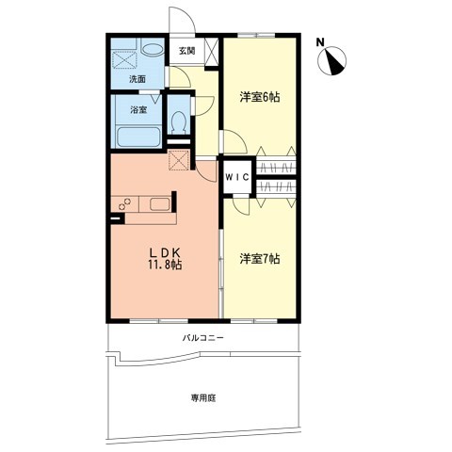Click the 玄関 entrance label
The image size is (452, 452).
(x=187, y=51)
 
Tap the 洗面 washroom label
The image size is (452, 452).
(x=137, y=79)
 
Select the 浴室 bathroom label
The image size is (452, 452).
(x=138, y=110)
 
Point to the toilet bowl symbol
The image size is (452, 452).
(x=179, y=122)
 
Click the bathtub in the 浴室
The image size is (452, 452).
(x=138, y=137)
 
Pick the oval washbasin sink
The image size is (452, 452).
(x=153, y=50)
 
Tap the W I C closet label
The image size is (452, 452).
(x=237, y=177)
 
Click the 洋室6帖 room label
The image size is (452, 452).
(x=260, y=97)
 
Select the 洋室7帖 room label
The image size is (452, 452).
(x=260, y=259)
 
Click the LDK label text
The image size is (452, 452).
(x=165, y=252)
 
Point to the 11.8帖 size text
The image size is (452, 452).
(x=165, y=265)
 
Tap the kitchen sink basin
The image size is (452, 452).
(x=160, y=204)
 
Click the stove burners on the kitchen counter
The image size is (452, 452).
(x=124, y=203)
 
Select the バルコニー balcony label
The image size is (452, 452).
(x=203, y=338)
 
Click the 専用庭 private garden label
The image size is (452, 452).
(x=203, y=398)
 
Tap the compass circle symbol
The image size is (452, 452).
(x=332, y=60)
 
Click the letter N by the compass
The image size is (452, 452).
(x=320, y=42)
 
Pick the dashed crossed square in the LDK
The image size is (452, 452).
(x=179, y=160)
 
